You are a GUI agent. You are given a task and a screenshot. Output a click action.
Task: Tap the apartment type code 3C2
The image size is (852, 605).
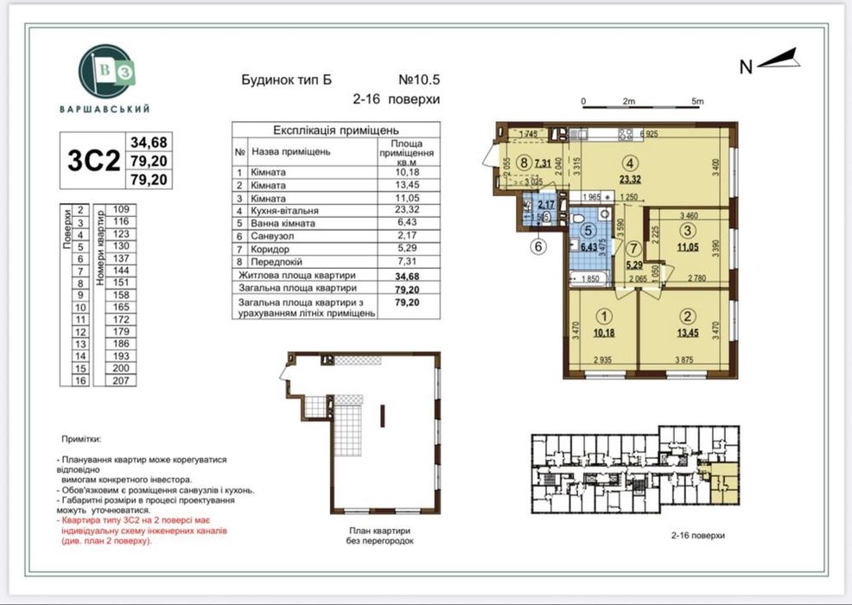tap(92, 161)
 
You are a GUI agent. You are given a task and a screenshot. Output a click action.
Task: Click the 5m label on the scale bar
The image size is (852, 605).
tap(697, 101)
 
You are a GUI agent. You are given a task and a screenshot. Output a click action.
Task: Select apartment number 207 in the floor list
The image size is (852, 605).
tap(121, 379)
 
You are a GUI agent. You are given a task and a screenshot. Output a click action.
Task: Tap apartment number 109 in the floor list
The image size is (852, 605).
tap(121, 209)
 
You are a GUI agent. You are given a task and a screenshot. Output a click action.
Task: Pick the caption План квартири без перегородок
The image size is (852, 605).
tap(380, 535)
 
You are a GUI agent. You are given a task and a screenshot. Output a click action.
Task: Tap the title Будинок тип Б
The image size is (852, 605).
tap(286, 80)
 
